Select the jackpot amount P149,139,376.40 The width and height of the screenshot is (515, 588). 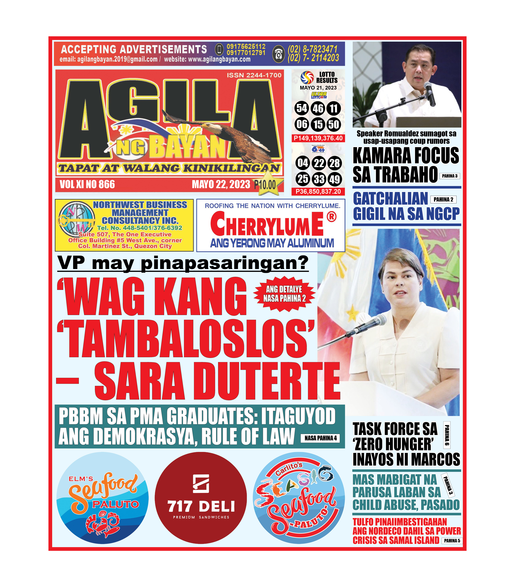pyautogui.click(x=318, y=138)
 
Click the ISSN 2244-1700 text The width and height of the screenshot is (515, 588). pyautogui.click(x=254, y=75)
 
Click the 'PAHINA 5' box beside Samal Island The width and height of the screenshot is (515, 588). pyautogui.click(x=452, y=541)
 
